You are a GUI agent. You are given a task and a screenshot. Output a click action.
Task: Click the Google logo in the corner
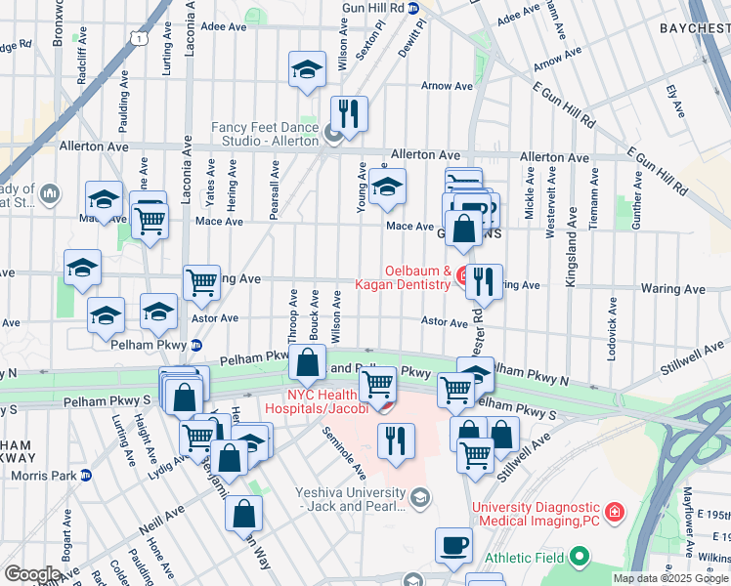(x=31, y=574)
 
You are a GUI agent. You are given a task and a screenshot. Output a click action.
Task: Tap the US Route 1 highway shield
(x=143, y=38)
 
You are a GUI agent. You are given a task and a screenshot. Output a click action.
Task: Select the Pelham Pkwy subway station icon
(x=196, y=344)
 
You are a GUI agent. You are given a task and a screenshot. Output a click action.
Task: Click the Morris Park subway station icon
(x=86, y=476)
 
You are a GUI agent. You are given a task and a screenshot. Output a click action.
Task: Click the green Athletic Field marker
(x=580, y=558)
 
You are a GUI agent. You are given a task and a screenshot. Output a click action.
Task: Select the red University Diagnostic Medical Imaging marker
(x=614, y=512)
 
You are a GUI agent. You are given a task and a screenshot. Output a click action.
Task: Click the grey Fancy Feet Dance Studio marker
(x=334, y=135)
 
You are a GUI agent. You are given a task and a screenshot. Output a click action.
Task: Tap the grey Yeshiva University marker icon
(x=419, y=499)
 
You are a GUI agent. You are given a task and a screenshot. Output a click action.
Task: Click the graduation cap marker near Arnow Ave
(x=307, y=70)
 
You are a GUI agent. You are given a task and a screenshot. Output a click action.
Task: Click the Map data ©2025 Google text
(x=669, y=578)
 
